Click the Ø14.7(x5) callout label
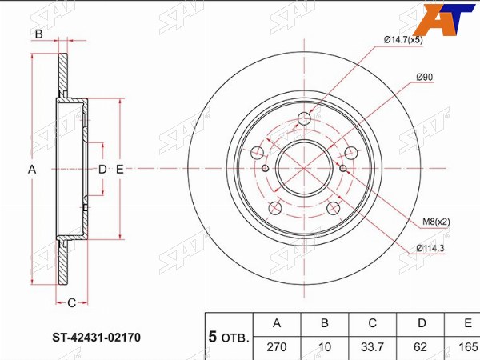pyautogui.click(x=403, y=40)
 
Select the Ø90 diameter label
pyautogui.click(x=425, y=78)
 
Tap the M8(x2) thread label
pyautogui.click(x=436, y=222)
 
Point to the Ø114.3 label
pyautogui.click(x=430, y=248)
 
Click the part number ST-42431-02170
pyautogui.click(x=97, y=338)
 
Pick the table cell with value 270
pyautogui.click(x=277, y=347)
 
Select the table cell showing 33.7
pyautogui.click(x=372, y=347)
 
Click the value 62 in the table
pyautogui.click(x=420, y=347)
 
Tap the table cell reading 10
pyautogui.click(x=325, y=347)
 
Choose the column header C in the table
pyautogui.click(x=372, y=323)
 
